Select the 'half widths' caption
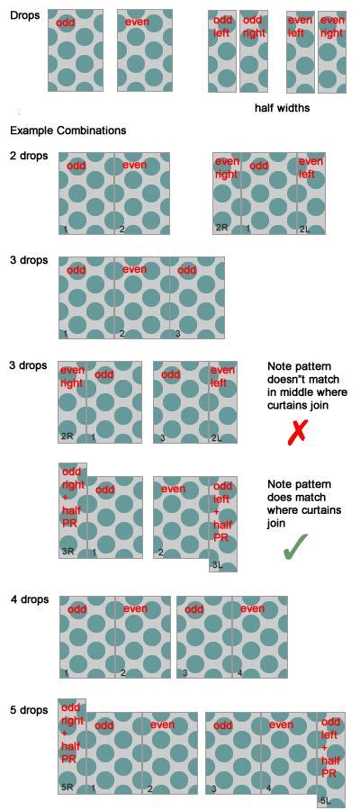(282, 108)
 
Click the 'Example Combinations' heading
(67, 130)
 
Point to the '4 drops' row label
(29, 599)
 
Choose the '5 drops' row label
(29, 710)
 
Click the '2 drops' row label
(29, 157)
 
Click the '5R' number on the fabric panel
(67, 787)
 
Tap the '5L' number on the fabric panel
(324, 800)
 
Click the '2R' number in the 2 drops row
(221, 228)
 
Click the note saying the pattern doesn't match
(306, 385)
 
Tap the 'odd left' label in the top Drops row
(222, 26)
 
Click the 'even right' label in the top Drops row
(331, 26)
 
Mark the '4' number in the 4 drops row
(238, 672)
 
